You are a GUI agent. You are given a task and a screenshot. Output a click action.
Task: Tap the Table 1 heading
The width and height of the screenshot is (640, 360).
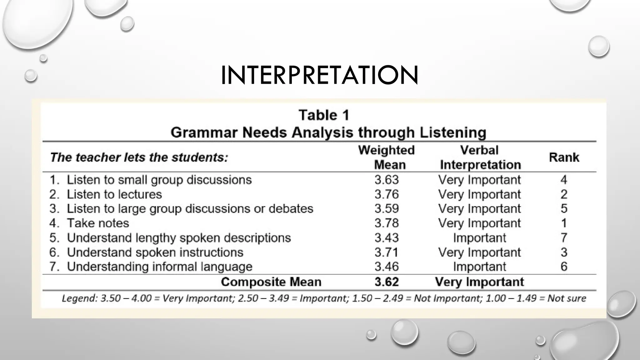tap(324, 115)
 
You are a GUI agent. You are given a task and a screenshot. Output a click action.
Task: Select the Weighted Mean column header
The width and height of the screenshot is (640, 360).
tap(387, 157)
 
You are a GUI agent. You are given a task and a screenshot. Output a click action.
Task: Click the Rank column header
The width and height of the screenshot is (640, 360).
tap(564, 157)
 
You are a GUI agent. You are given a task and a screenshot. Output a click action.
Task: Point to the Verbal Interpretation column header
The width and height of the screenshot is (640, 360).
tap(480, 157)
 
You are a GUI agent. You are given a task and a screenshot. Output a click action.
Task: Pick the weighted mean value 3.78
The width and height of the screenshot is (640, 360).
tap(387, 223)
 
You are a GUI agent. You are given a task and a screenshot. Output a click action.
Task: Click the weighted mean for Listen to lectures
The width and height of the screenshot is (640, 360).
tap(387, 194)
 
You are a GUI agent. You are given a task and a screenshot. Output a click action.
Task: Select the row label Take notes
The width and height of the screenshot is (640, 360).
tap(98, 223)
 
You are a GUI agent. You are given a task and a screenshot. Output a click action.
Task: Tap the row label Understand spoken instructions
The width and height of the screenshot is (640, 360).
tap(155, 252)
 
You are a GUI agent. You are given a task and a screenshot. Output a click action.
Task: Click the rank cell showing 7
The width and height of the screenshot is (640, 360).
tap(564, 238)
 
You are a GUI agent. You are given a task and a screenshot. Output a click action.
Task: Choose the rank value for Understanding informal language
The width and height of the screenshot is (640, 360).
tap(564, 267)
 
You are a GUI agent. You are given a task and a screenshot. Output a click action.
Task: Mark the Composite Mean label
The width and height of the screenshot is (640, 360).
tap(271, 282)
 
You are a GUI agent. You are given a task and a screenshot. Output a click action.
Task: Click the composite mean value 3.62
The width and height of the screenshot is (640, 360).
tap(387, 282)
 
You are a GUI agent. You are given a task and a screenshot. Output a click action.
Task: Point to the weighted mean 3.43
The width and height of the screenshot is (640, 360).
tap(387, 238)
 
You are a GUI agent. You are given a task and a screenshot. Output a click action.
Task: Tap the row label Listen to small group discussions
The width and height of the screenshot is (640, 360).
tap(159, 180)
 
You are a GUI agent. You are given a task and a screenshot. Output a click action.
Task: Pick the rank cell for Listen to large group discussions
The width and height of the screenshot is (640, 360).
tap(564, 209)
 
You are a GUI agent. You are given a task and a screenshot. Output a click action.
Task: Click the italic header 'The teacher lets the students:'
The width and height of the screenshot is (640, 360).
tap(139, 157)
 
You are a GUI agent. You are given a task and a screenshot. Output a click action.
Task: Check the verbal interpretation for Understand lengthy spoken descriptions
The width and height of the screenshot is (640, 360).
tap(479, 238)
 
